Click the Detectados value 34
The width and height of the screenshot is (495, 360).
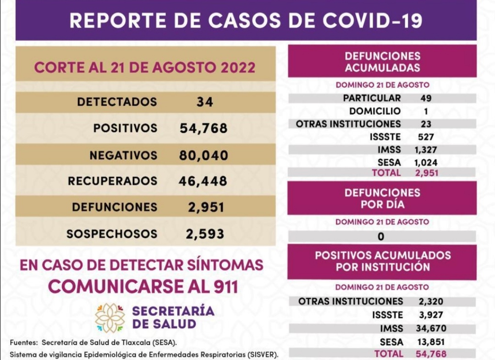pyautogui.click(x=204, y=102)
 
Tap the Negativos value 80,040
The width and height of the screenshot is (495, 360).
pyautogui.click(x=203, y=155)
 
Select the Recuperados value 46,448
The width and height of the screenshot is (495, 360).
pyautogui.click(x=203, y=181)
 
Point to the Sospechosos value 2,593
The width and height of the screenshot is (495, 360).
pyautogui.click(x=205, y=234)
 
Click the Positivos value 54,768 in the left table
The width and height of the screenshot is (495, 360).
pyautogui.click(x=203, y=128)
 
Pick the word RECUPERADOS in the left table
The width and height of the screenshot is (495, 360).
pyautogui.click(x=112, y=181)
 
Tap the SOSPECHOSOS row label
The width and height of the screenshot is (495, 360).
pyautogui.click(x=111, y=234)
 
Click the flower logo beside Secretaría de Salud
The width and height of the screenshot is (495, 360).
pyautogui.click(x=110, y=317)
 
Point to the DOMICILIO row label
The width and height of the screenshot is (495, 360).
pyautogui.click(x=374, y=111)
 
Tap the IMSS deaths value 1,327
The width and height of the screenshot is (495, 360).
pyautogui.click(x=425, y=150)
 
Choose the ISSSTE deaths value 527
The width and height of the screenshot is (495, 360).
pyautogui.click(x=426, y=137)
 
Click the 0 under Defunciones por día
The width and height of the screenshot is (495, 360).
pyautogui.click(x=381, y=237)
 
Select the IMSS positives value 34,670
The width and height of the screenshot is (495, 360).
pyautogui.click(x=431, y=328)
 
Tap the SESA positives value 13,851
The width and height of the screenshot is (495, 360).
pyautogui.click(x=431, y=342)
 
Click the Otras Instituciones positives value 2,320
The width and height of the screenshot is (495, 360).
pyautogui.click(x=431, y=301)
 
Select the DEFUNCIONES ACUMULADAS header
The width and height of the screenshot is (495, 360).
pyautogui.click(x=382, y=62)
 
